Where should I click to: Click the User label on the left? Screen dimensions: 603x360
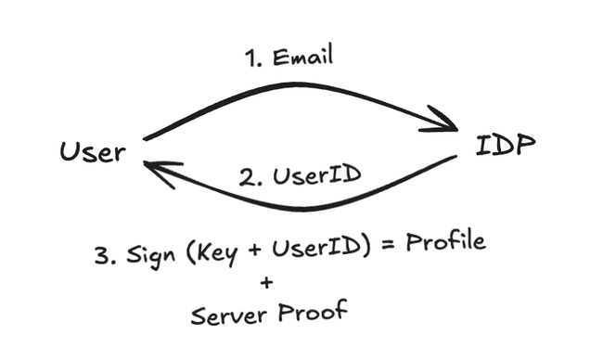[93, 151]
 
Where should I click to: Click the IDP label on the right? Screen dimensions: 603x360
[506, 145]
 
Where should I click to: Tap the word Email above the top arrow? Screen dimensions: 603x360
[302, 57]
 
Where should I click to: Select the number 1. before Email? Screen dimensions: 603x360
[253, 58]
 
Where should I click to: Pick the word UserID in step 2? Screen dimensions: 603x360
[317, 175]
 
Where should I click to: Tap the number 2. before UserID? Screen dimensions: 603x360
[250, 178]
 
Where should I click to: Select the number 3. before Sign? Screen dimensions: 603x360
[106, 255]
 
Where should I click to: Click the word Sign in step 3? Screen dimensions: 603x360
[150, 254]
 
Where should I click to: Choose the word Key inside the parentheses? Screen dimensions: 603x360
[214, 252]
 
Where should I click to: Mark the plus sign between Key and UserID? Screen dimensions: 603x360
[254, 250]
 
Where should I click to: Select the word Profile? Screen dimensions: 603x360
[446, 241]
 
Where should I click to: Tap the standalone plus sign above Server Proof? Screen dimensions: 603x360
[266, 283]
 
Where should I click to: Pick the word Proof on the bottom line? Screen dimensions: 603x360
[313, 311]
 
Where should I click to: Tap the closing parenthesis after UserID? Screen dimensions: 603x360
[366, 247]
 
